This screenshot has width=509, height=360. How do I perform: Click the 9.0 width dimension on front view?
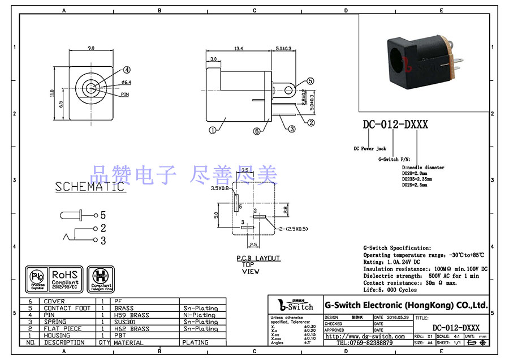point(91,49)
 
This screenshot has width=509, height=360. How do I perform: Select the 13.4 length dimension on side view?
point(239,49)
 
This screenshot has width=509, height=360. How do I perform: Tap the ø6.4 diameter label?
point(126,83)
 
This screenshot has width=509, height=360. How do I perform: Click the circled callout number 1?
point(212,129)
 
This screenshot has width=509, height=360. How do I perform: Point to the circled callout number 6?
point(256,131)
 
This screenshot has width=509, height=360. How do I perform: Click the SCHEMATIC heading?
point(89,187)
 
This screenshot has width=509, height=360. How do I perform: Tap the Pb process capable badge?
point(37,277)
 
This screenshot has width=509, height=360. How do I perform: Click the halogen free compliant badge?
point(102,277)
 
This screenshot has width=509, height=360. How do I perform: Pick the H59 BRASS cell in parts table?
point(132,315)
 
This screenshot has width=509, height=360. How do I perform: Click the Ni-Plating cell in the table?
point(199,315)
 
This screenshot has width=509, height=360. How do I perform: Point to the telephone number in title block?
point(365,343)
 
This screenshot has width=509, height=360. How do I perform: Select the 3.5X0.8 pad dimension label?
point(220,188)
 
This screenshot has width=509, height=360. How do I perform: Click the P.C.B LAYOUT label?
point(258,258)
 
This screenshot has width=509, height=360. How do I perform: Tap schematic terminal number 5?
point(103,215)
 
